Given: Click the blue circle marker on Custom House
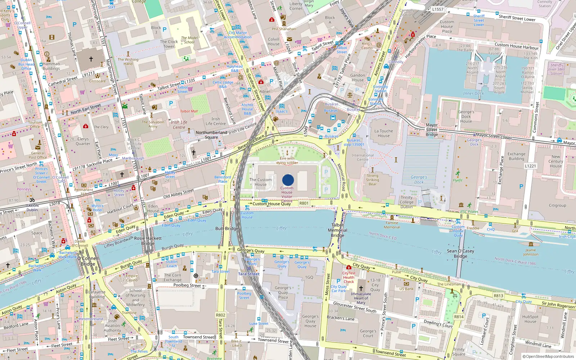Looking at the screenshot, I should coord(288,180).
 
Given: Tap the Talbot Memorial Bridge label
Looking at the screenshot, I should coord(337,230).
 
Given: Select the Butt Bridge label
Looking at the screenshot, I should coord(227,229).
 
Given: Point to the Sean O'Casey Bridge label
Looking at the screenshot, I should coord(460,253).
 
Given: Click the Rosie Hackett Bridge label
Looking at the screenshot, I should coord(148,240).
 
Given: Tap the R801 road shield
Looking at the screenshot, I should coord(304,203).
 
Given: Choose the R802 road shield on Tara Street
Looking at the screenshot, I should coord(220,315).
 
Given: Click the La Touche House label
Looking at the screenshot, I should coord(384,134).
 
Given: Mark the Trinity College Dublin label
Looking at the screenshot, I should coord(406,202).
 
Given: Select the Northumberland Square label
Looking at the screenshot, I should coord(211,135).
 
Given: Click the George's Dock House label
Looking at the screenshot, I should coord(466,117).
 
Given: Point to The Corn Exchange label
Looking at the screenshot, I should coord(172,277).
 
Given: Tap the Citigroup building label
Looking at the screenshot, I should coord(557,206).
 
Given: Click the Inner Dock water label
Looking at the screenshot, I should coord(473,93).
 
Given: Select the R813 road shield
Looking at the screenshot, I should coord(498,296).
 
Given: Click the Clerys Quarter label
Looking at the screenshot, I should coord(83,141).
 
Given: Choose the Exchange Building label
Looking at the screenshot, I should coord(516,156).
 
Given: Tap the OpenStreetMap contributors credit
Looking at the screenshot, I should coord(548,356).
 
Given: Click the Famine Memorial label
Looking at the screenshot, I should coord(392,225).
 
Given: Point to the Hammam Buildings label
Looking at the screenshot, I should coord(51,66).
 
